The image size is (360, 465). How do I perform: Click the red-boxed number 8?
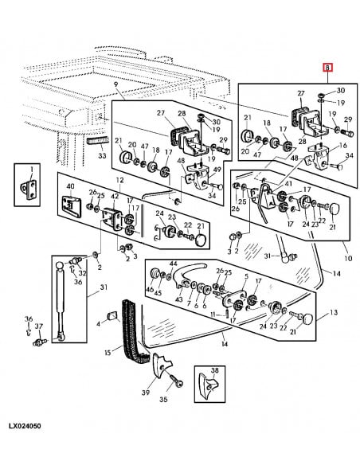[327, 68]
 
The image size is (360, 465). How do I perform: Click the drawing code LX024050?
[25, 426]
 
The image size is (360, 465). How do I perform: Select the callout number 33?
[102, 155]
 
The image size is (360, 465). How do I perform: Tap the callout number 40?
[71, 186]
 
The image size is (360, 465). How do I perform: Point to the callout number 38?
[215, 370]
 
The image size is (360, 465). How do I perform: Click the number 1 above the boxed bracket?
[32, 170]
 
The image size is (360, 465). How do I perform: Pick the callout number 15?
[108, 353]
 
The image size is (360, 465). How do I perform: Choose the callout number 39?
[146, 393]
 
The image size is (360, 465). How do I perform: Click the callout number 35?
[163, 399]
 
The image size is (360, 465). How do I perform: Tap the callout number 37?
[39, 326]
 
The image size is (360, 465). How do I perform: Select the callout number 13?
[334, 312]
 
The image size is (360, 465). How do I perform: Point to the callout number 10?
[348, 258]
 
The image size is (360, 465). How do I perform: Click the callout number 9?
[115, 84]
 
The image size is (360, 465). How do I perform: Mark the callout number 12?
[119, 180]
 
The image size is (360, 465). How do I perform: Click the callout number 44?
[174, 264]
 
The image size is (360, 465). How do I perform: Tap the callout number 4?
[99, 322]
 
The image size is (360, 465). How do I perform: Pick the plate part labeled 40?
[71, 205]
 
